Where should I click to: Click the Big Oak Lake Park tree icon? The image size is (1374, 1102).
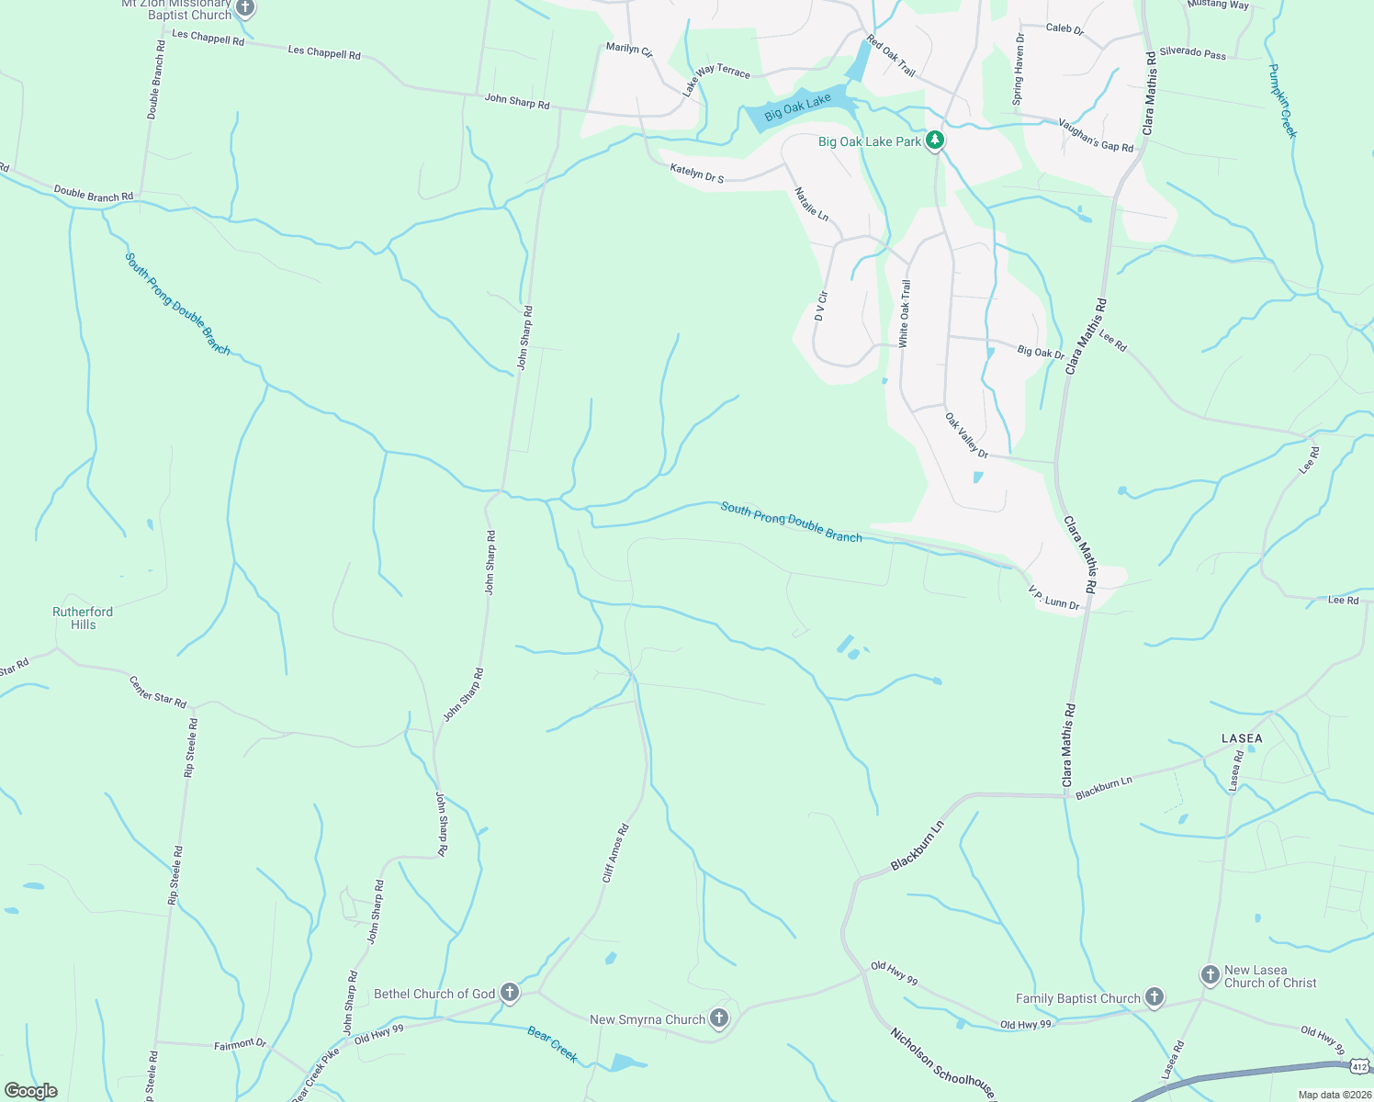[x=935, y=141]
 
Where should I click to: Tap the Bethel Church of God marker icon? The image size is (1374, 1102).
[x=510, y=993]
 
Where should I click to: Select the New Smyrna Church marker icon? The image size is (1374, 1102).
[x=719, y=1018]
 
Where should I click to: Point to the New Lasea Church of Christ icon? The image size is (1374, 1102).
[x=1211, y=973]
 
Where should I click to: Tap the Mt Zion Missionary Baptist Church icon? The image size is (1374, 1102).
[x=244, y=8]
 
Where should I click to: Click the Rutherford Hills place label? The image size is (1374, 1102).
[x=83, y=618]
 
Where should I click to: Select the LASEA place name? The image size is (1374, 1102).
[x=1242, y=738]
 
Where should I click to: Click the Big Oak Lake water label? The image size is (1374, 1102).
[x=797, y=107]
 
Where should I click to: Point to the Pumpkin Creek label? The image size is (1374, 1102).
[x=1282, y=100]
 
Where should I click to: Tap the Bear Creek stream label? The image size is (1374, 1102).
[x=553, y=1045]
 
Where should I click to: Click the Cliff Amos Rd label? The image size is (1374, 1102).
[x=615, y=854]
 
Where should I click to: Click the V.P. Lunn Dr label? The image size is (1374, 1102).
[x=1053, y=598]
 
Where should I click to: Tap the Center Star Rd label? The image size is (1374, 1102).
[x=158, y=692]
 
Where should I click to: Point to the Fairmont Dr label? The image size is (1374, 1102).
[x=240, y=1045]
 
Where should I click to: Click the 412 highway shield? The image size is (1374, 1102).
[x=1359, y=1066]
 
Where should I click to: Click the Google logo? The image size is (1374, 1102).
[x=31, y=1091]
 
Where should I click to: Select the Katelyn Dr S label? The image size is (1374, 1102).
[x=696, y=173]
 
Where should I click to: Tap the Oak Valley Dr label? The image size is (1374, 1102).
[x=966, y=435]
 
